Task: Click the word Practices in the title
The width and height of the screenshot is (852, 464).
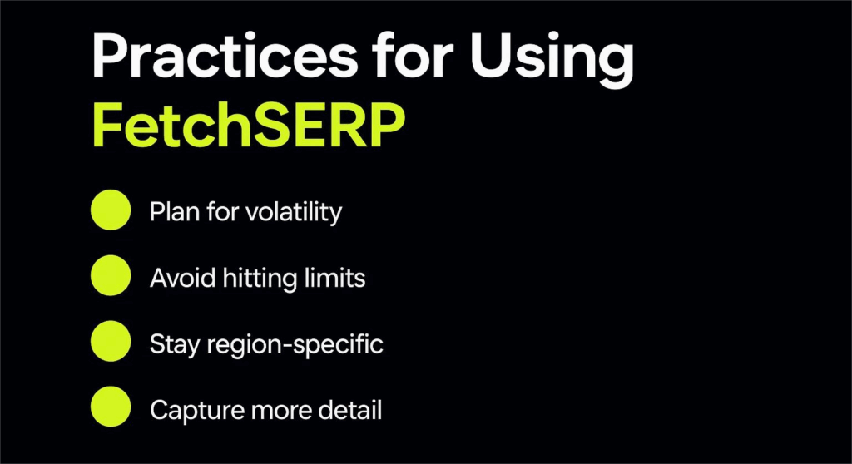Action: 225,56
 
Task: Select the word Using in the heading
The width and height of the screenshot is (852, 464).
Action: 552,60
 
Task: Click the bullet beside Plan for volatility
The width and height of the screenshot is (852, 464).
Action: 111,210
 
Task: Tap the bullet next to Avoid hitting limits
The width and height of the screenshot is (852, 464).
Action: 111,275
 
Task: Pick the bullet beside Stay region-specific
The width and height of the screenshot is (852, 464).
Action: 111,341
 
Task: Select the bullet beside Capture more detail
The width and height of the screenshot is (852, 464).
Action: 111,407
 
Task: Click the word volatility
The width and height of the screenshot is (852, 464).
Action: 294,212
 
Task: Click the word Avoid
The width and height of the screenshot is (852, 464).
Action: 182,278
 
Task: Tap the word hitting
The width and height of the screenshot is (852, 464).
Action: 260,279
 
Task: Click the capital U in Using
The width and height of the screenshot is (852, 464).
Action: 491,56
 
